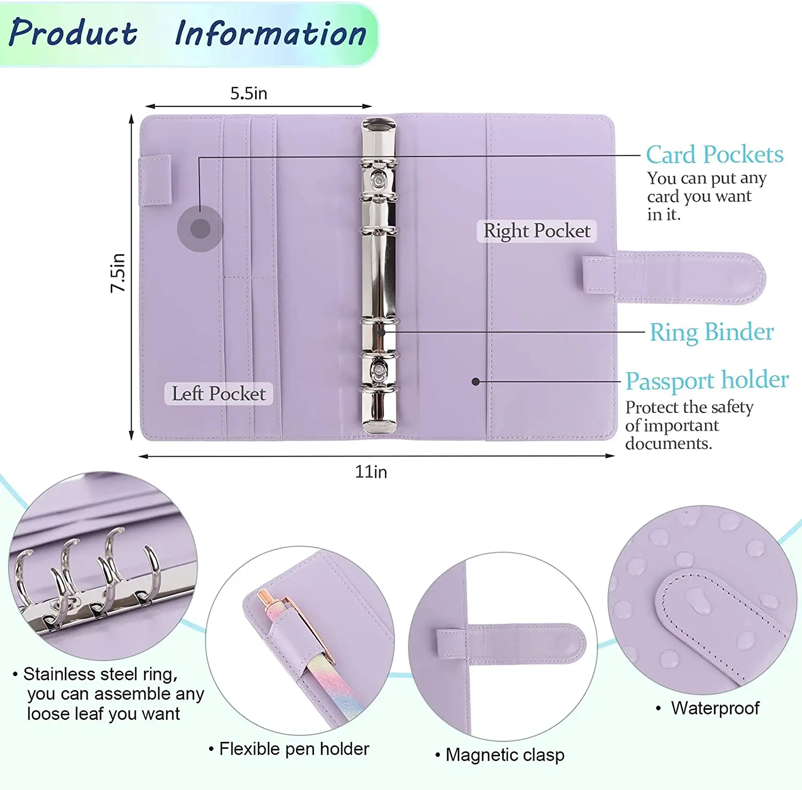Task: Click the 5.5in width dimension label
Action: coord(249,94)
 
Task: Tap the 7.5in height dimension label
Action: coord(118,273)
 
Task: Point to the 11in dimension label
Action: coord(371,472)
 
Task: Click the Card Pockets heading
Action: coord(714,155)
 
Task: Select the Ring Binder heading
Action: coord(711,332)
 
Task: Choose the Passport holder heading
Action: coord(707,380)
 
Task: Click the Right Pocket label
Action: coord(537,231)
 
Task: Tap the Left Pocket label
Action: coord(219,394)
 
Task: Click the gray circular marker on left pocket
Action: coord(200,229)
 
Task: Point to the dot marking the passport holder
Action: coord(475,381)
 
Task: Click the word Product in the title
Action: coord(73,33)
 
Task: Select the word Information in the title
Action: coord(271,33)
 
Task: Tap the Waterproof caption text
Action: coord(715,708)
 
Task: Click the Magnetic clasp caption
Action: coord(505,755)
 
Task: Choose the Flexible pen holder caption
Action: coord(294,749)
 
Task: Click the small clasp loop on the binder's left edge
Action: coord(155,180)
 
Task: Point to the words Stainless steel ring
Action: coord(100,674)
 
